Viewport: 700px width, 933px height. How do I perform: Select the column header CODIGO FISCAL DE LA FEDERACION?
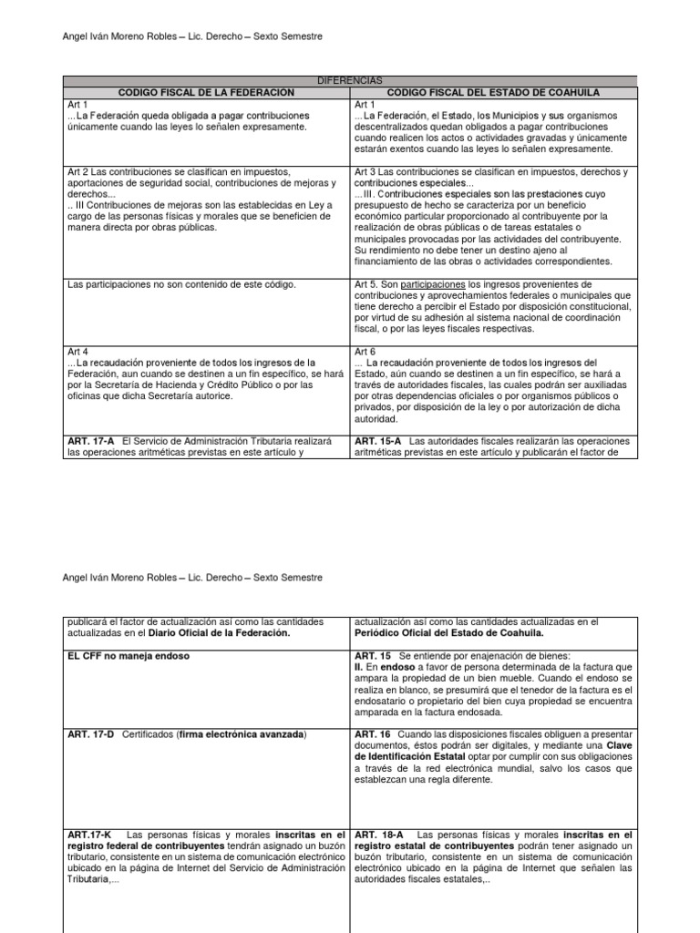[206, 93]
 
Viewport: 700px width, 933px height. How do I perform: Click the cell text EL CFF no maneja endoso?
[125, 657]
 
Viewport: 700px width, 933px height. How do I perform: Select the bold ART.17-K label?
[89, 835]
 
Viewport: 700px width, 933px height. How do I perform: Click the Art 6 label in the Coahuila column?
[363, 351]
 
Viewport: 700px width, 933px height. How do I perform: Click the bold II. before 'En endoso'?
[358, 668]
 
